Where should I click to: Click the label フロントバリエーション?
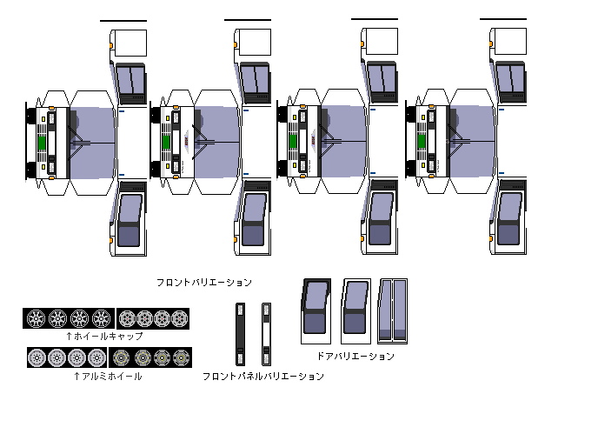204,283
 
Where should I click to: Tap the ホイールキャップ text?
109,337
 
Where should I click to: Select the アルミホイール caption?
112,377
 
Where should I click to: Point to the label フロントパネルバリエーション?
262,377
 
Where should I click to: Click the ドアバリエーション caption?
355,356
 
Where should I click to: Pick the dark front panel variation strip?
240,334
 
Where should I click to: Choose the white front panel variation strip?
266,334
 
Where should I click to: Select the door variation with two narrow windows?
393,311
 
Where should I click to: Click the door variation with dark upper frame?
316,311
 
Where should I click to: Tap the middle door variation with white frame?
355,311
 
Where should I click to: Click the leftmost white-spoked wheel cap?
36,318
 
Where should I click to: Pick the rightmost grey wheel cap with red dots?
180,318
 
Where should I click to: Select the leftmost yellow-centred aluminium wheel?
122,357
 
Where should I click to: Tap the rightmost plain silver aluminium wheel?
96,357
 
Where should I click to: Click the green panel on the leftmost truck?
42,143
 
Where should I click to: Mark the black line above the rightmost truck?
503,19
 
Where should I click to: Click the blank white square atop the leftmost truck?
130,43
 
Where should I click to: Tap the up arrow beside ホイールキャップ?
69,337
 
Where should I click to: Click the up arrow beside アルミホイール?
76,377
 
